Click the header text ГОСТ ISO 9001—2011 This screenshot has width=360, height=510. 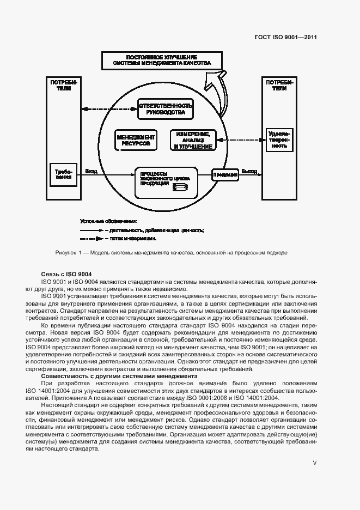(x=286, y=38)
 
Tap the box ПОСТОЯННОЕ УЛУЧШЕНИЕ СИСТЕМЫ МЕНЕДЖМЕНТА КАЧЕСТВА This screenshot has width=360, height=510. (x=162, y=60)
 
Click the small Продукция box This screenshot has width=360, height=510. (x=225, y=174)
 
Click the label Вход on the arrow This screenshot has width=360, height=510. (x=91, y=171)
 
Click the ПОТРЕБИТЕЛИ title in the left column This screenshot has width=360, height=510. (x=64, y=86)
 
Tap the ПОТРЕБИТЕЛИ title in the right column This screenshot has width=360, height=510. (x=279, y=85)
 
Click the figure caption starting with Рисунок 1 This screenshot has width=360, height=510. (x=171, y=253)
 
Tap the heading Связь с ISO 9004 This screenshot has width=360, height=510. (x=66, y=274)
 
